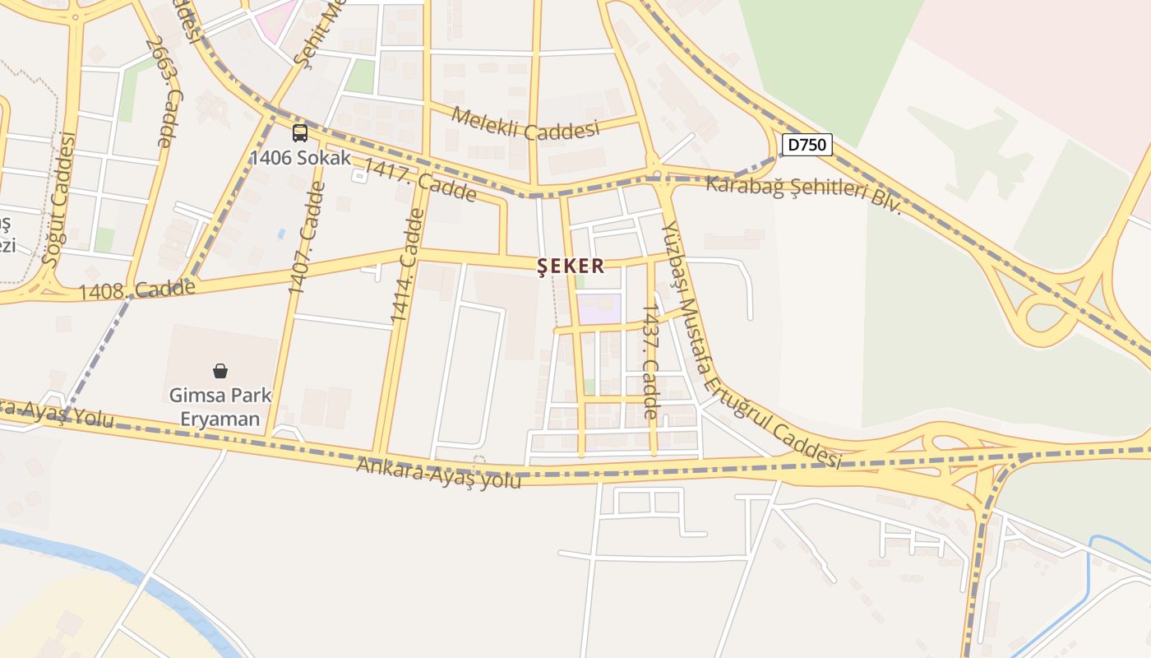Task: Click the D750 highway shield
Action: (x=807, y=145)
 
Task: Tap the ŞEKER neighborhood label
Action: (x=571, y=266)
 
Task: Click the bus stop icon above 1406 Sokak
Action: (x=300, y=133)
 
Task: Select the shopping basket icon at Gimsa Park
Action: (x=220, y=371)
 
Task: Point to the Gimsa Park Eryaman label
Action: (x=220, y=406)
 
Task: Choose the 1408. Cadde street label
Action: (x=137, y=290)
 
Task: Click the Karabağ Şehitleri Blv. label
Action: (x=804, y=195)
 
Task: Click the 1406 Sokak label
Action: (x=300, y=157)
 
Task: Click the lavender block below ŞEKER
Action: (x=599, y=308)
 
